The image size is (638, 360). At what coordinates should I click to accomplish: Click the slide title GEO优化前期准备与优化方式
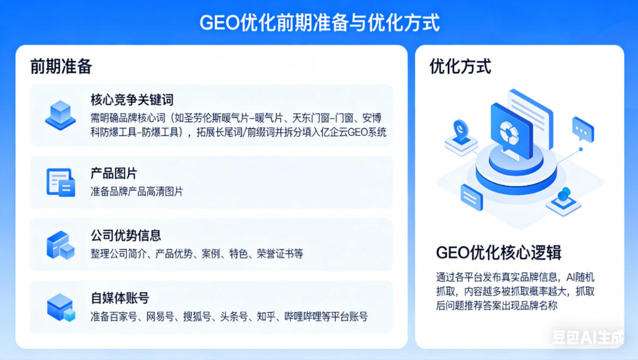(x=319, y=23)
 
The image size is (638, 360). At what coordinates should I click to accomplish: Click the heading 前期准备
(x=61, y=66)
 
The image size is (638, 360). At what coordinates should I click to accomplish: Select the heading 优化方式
(x=460, y=66)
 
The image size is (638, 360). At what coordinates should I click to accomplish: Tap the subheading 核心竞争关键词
(x=132, y=100)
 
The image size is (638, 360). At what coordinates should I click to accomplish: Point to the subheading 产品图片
(x=114, y=173)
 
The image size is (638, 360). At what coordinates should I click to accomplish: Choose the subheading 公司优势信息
(x=126, y=235)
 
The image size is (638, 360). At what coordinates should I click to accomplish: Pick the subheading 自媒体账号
(x=120, y=298)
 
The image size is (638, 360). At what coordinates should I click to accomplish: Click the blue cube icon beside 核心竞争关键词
(x=60, y=114)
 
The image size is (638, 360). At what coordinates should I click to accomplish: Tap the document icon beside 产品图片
(x=60, y=182)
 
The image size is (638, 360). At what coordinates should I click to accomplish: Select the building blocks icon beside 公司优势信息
(x=60, y=245)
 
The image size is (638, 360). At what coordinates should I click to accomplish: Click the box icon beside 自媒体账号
(x=60, y=307)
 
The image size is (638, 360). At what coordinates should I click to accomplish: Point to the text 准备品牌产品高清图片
(x=137, y=191)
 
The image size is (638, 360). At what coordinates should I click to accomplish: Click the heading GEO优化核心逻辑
(x=498, y=253)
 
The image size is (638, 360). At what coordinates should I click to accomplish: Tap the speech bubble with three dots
(x=583, y=129)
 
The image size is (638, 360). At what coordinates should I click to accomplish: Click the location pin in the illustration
(x=461, y=128)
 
